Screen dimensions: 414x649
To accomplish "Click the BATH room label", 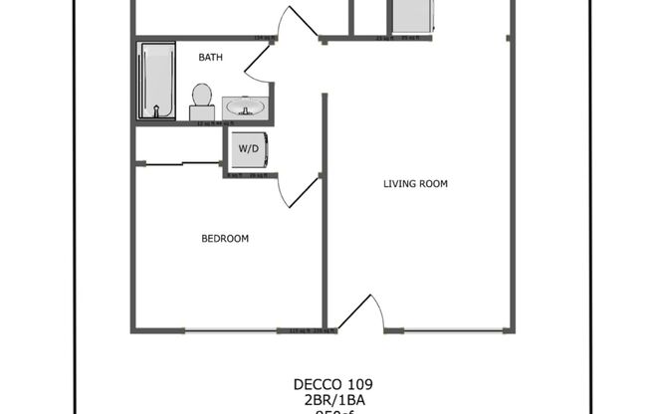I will coord(210,58).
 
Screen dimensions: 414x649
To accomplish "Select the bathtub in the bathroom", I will coord(156,81).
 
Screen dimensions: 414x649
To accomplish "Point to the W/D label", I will coord(247,149).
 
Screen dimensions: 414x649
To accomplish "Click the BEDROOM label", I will coord(225,239).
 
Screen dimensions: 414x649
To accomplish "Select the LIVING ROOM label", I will coord(416,184).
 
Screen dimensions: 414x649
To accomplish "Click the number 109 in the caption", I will coord(360,384).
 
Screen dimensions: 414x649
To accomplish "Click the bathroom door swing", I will coord(257,65).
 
